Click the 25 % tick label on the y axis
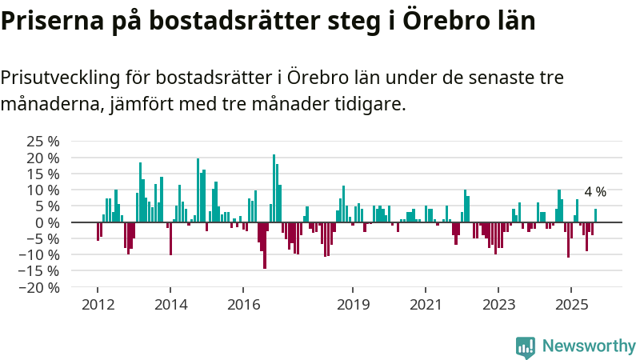[44, 141]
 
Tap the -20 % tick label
[42, 286]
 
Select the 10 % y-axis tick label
[44, 190]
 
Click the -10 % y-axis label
[42, 254]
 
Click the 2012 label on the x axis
[98, 305]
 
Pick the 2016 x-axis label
[244, 305]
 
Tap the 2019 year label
[353, 305]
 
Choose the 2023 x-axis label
[498, 305]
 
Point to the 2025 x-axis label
[571, 305]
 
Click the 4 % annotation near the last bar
[595, 192]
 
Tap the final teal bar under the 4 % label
[595, 215]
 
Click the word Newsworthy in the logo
[589, 346]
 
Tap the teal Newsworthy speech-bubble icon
[526, 346]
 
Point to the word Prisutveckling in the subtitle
[61, 78]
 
